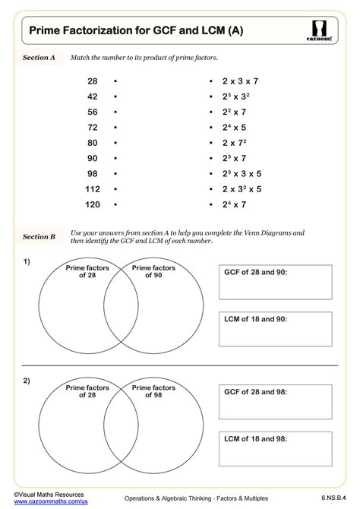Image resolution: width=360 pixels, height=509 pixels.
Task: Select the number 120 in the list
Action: (x=92, y=204)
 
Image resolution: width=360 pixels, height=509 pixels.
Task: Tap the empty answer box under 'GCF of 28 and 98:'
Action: (x=275, y=408)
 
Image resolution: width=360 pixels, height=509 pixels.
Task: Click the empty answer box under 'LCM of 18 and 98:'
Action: (x=275, y=452)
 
